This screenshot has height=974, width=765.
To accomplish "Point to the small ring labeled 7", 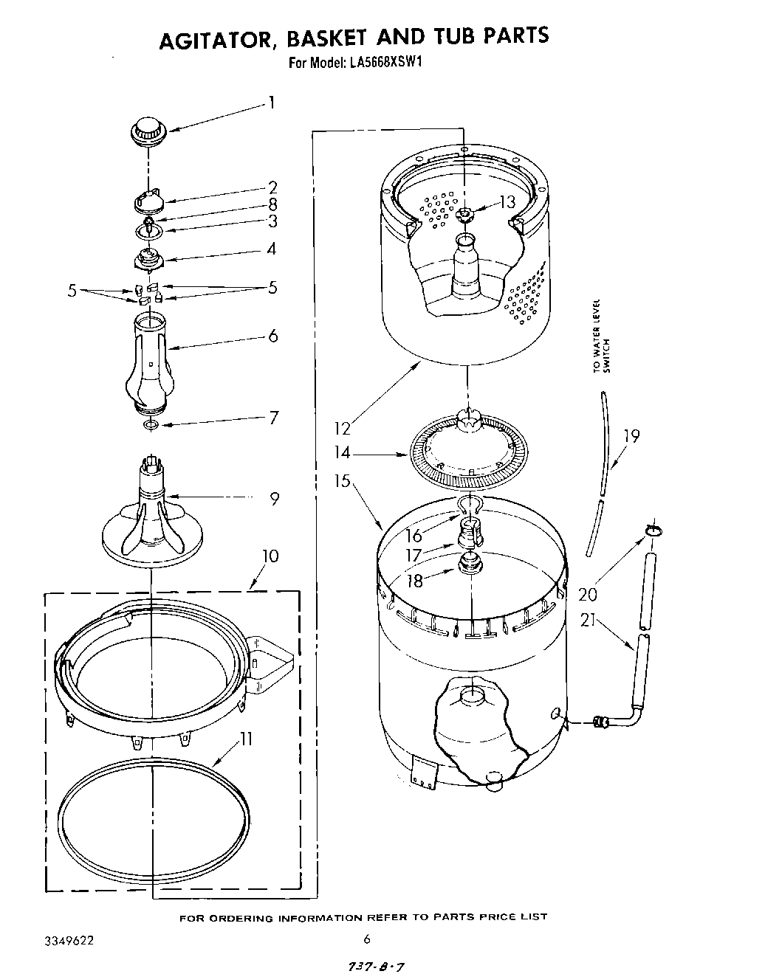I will pyautogui.click(x=151, y=425).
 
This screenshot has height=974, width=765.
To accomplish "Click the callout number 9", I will pyautogui.click(x=274, y=499).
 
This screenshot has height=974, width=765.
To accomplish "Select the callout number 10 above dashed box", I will pyautogui.click(x=270, y=556).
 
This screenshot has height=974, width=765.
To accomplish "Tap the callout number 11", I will pyautogui.click(x=246, y=739).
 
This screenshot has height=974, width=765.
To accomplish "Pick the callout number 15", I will pyautogui.click(x=342, y=481).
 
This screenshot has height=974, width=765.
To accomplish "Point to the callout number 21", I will pyautogui.click(x=589, y=621).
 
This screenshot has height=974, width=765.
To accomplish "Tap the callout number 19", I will pyautogui.click(x=631, y=436).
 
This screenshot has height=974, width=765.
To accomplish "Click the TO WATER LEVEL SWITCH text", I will pyautogui.click(x=602, y=336).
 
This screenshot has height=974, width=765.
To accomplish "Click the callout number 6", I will pyautogui.click(x=272, y=336).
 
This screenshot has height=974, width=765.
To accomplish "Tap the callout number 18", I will pyautogui.click(x=416, y=581).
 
